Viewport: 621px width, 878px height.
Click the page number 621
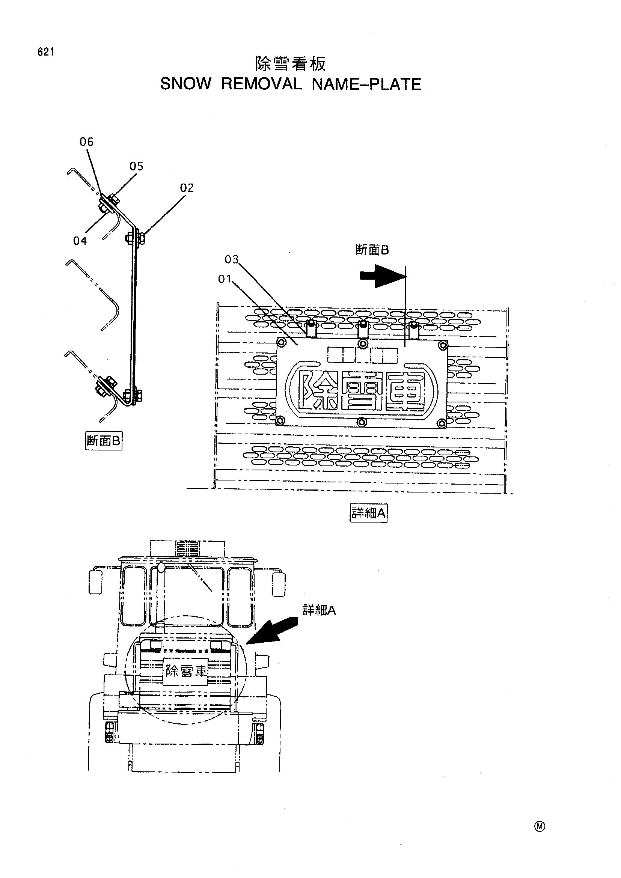(x=45, y=52)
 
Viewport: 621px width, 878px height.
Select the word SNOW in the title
(x=185, y=84)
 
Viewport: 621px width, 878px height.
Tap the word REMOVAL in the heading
(x=262, y=84)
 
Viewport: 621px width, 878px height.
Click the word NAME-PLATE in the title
(x=367, y=84)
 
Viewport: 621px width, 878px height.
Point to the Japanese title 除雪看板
(x=291, y=64)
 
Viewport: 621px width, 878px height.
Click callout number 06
(x=86, y=142)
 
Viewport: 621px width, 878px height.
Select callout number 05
(x=136, y=166)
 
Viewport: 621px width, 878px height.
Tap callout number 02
(x=187, y=188)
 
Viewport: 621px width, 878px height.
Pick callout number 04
(x=80, y=241)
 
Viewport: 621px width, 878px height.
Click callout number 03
(x=232, y=260)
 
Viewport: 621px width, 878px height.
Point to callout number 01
(x=225, y=280)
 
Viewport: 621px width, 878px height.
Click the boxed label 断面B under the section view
(x=104, y=441)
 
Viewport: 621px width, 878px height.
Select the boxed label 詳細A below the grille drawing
(x=369, y=513)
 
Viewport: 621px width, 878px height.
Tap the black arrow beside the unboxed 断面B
(x=383, y=277)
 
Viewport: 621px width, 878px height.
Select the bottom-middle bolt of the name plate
(x=362, y=422)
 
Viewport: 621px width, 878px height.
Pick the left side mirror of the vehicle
(x=96, y=581)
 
